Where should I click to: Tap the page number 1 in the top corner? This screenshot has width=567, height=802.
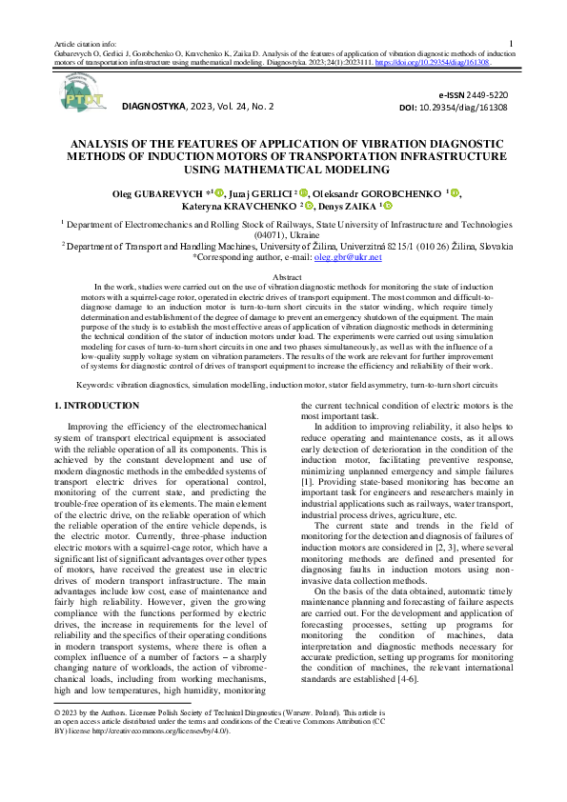512,43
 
